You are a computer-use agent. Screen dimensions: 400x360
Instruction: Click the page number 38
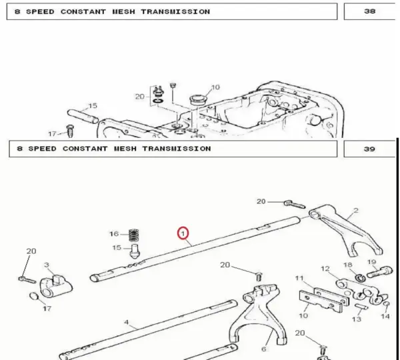tap(370, 11)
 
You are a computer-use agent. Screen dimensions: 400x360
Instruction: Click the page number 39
tap(370, 149)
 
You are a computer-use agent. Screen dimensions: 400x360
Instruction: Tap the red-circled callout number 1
tap(183, 233)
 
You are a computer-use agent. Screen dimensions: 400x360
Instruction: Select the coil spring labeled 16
tap(134, 235)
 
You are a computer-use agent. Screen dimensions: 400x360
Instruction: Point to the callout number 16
tap(114, 234)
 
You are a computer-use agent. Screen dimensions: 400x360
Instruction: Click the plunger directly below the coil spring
tap(135, 251)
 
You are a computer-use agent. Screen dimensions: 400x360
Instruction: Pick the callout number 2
tap(356, 210)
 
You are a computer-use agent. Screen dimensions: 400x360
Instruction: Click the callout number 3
tap(47, 265)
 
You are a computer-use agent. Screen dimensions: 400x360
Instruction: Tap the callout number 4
tap(126, 323)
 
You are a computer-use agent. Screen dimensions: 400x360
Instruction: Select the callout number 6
tap(264, 349)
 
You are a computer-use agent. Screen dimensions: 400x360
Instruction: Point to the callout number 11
tap(299, 278)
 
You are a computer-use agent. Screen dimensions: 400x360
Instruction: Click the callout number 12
tap(325, 269)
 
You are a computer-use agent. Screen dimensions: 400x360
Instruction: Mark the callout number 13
tap(357, 319)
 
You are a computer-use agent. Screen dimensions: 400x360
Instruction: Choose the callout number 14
tap(385, 317)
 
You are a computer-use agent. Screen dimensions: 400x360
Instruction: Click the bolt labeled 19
tap(379, 272)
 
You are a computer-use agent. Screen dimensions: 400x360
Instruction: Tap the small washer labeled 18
tap(360, 277)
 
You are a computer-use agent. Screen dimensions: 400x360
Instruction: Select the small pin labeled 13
tap(361, 306)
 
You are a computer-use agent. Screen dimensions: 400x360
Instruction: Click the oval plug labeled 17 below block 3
tap(35, 297)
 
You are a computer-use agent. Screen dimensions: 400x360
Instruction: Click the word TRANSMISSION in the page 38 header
tap(175, 12)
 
